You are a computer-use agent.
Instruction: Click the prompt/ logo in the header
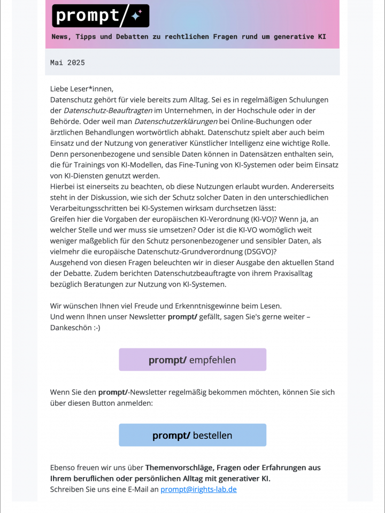tap(101, 15)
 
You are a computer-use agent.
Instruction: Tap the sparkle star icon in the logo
tap(136, 16)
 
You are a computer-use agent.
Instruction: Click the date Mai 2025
tap(67, 63)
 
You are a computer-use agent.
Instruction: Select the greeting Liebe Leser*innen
tap(82, 89)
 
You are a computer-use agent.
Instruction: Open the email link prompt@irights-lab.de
tap(198, 489)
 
